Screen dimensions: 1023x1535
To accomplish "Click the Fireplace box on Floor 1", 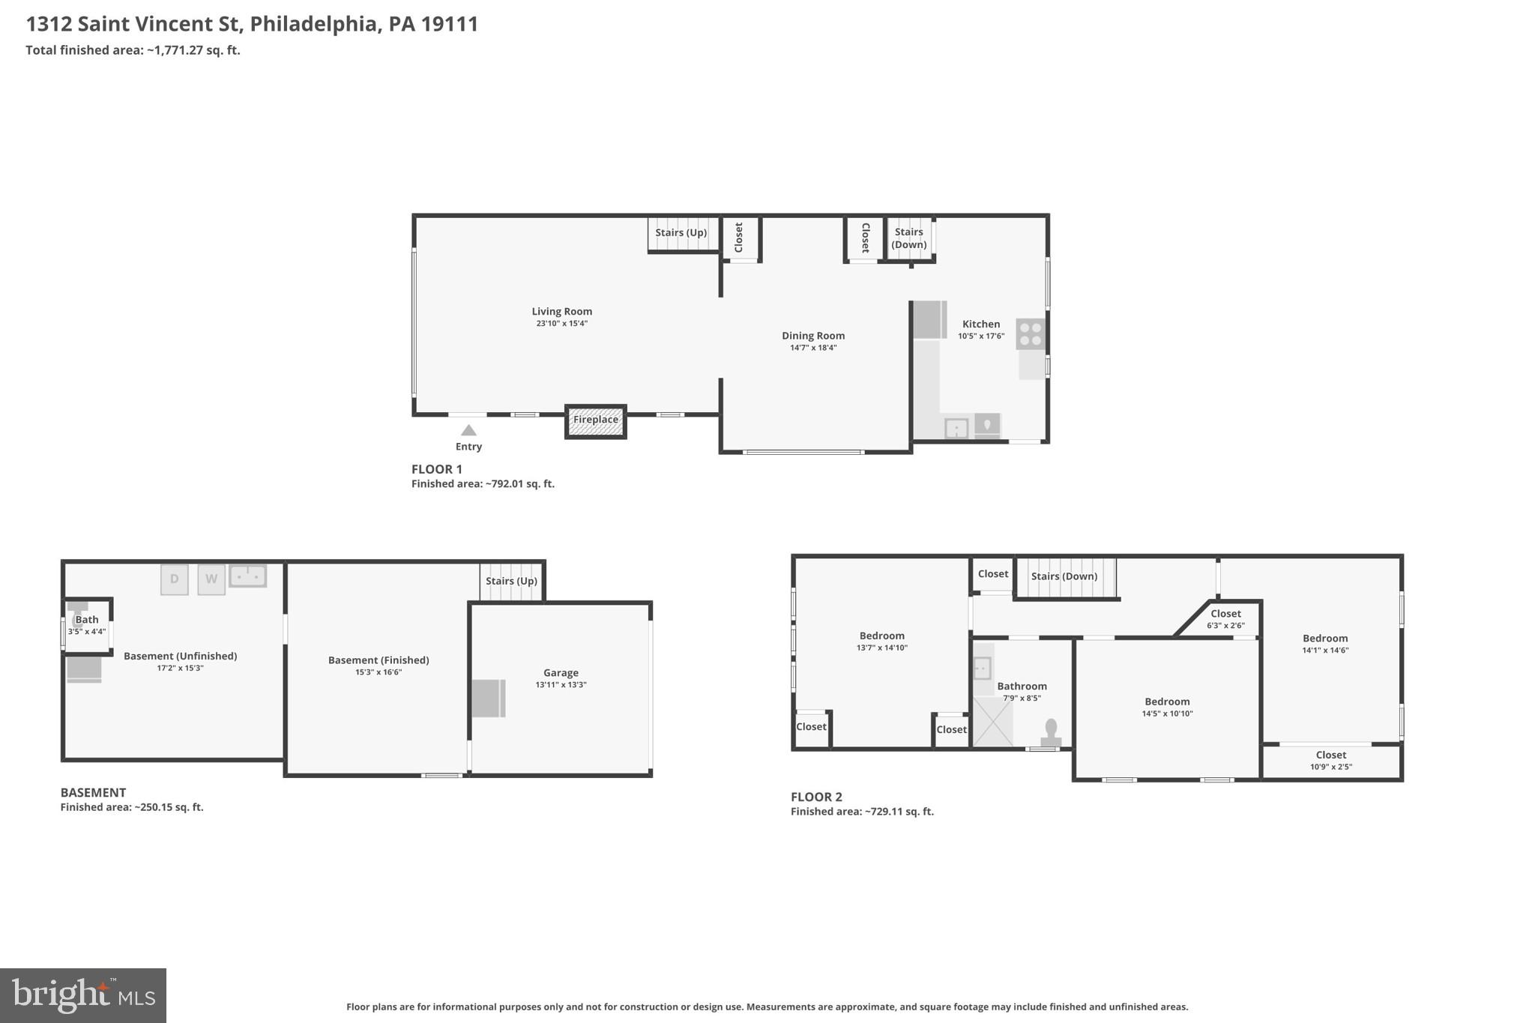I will coord(596,420).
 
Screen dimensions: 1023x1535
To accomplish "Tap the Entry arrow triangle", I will coord(468,430).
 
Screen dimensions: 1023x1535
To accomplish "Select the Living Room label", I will coord(561,311).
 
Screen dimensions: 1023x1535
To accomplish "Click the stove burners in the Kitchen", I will coord(1031,334).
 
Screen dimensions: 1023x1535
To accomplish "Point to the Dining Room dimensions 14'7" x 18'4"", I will coord(813,348).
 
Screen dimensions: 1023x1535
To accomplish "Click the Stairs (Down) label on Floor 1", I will coord(908,238).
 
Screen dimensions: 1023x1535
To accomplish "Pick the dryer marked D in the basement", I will coord(174,579).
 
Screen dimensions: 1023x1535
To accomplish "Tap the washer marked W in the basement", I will coord(211,579).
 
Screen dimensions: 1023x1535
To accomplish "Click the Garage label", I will coord(561,673).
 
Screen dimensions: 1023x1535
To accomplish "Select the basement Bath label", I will coord(87,620).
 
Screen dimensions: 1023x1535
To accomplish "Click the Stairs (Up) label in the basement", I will coord(511,581).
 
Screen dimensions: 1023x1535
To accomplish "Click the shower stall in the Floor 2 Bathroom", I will coord(992,722).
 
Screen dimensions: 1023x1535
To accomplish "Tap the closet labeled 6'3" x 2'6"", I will coord(1225,619).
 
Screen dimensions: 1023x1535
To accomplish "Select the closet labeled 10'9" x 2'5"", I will coord(1330,761).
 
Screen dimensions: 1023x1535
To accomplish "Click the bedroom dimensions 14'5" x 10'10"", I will coord(1167,713).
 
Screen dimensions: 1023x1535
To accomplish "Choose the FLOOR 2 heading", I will coord(816,797).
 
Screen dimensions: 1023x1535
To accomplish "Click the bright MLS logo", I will coord(83,995).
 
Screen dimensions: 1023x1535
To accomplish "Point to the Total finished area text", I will coord(133,50).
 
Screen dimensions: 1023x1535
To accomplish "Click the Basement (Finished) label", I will coord(379,660).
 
